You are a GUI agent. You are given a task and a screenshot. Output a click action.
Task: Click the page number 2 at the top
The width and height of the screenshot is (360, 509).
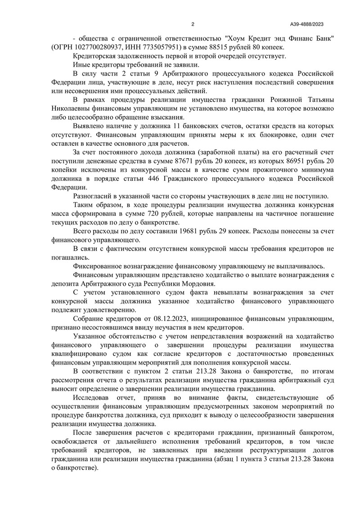click(193, 24)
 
